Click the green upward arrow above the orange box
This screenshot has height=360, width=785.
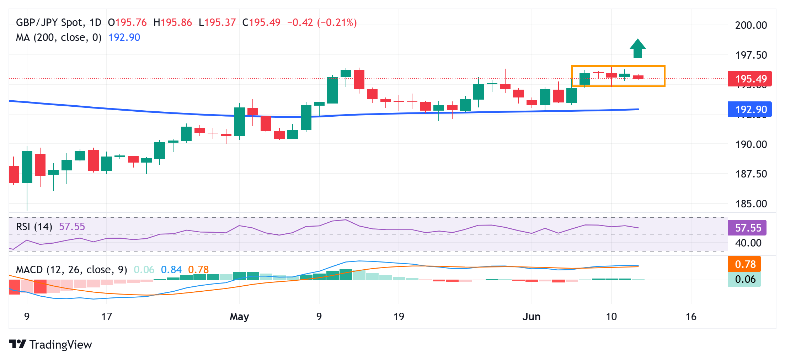click(637, 49)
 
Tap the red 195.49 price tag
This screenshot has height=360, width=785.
click(750, 79)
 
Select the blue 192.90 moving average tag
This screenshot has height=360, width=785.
click(750, 109)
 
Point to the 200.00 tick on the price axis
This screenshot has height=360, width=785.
click(751, 25)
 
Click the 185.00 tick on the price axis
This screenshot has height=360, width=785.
click(751, 204)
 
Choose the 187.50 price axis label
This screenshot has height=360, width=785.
click(751, 174)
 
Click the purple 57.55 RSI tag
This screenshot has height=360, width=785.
click(747, 228)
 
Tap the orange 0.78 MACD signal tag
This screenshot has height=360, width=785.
click(745, 264)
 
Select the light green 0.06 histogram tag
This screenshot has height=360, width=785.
click(745, 279)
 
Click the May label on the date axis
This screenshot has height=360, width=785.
click(239, 317)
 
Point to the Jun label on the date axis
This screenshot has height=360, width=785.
click(532, 317)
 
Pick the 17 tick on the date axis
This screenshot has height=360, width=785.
click(107, 317)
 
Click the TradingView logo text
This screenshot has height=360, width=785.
click(60, 344)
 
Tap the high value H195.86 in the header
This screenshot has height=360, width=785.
click(173, 23)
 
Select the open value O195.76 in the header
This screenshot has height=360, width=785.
click(127, 23)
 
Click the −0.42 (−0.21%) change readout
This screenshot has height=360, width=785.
click(322, 23)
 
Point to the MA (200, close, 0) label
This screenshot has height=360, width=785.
click(59, 37)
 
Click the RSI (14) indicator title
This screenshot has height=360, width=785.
click(34, 227)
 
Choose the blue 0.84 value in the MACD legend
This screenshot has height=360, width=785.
click(171, 270)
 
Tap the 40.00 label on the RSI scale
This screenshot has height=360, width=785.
click(748, 243)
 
